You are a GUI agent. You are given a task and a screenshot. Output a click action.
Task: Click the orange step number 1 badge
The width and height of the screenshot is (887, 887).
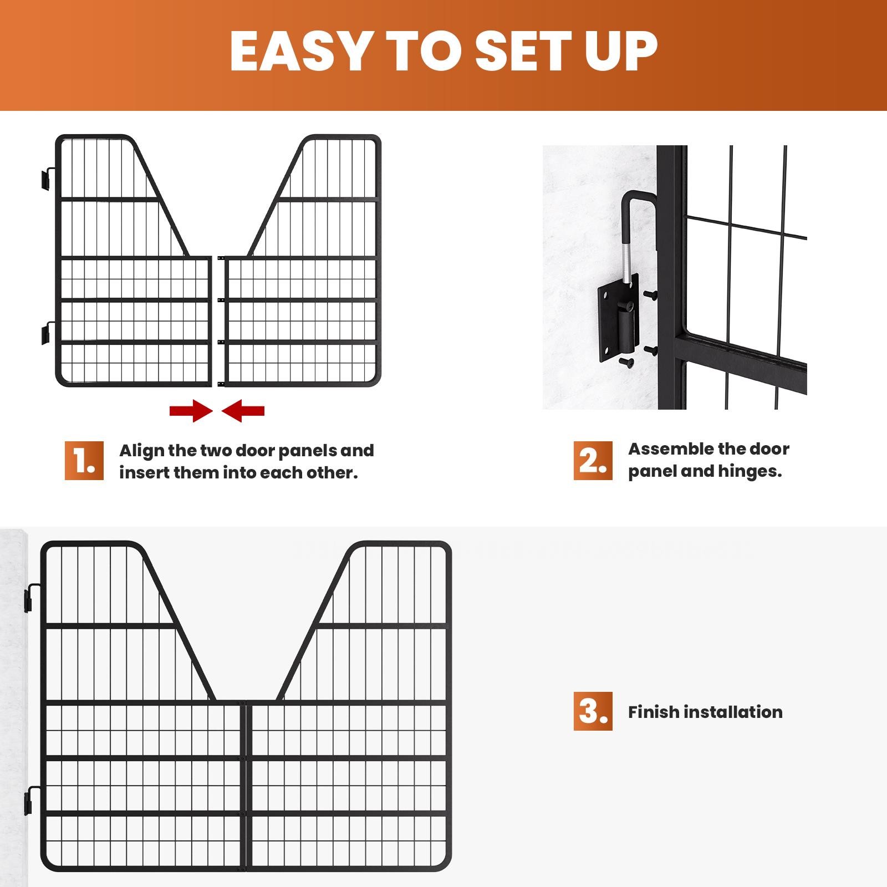pos(84,461)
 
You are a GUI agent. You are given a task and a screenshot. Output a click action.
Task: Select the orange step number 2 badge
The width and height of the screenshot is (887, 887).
pos(593,461)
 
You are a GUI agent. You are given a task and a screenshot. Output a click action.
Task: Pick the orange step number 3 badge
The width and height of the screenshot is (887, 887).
pos(593,711)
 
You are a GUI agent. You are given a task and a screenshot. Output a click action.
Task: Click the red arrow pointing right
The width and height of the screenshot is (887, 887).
pos(191,411)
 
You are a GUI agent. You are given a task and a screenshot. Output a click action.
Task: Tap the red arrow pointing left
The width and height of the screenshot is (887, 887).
pos(243,411)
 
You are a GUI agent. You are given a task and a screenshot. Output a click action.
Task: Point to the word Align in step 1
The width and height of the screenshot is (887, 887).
pos(142,450)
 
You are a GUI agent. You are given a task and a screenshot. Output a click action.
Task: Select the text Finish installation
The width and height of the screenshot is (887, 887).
pos(705,712)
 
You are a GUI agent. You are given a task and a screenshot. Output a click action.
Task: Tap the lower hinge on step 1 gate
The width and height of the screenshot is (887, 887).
pos(47,333)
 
